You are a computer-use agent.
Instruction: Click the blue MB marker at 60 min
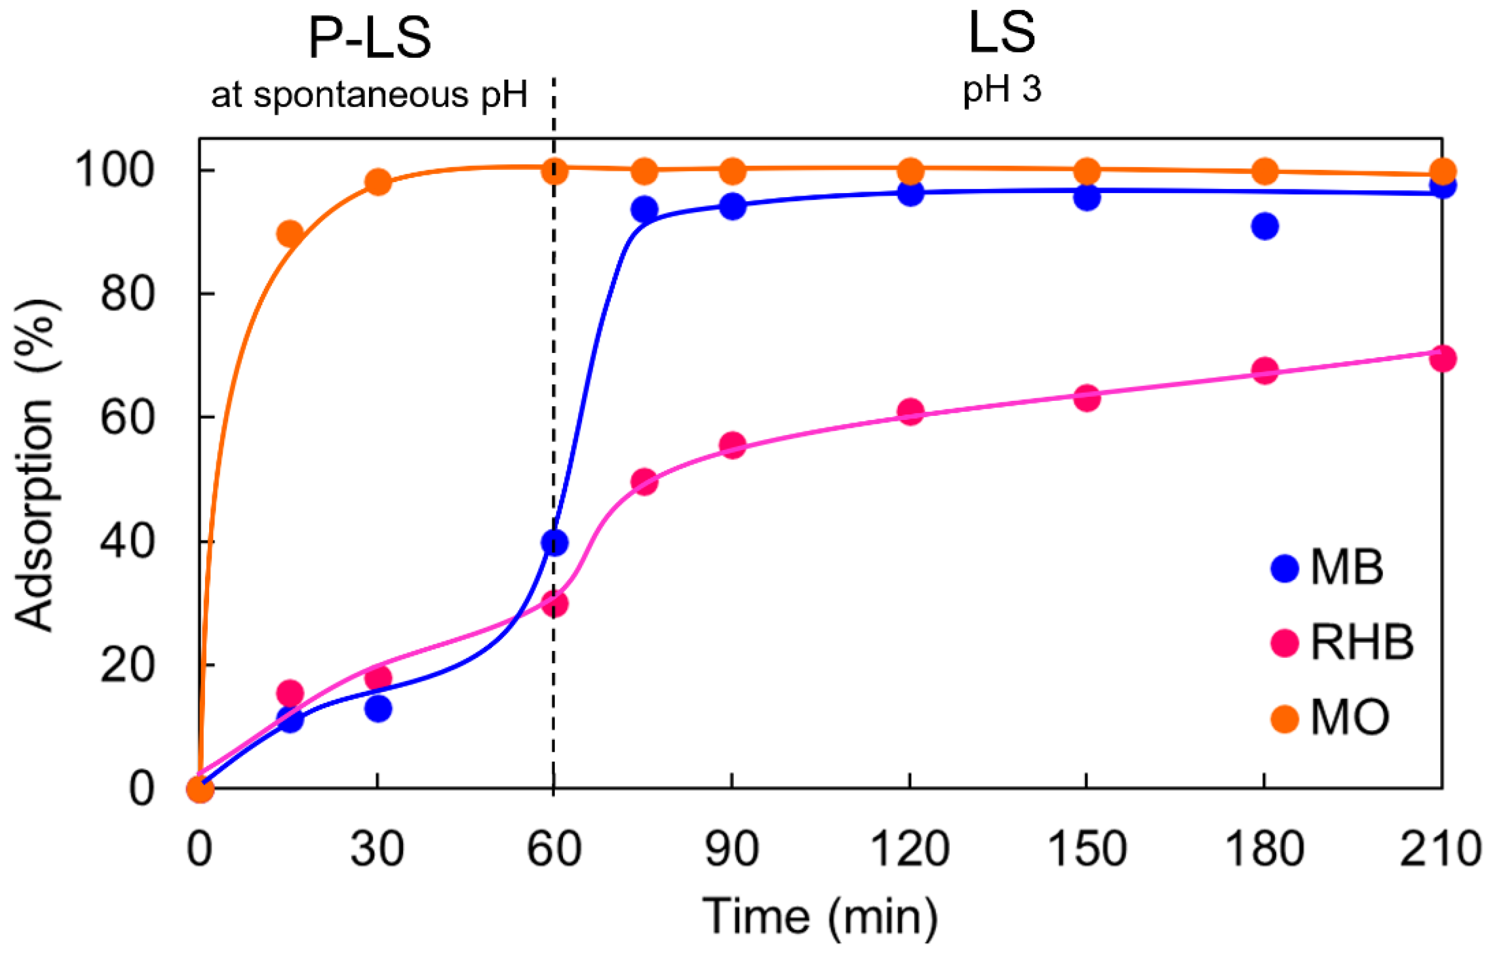point(554,543)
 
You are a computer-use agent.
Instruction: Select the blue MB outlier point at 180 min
point(1265,226)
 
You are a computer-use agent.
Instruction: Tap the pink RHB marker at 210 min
point(1442,358)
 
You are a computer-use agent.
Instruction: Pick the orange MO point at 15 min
point(290,234)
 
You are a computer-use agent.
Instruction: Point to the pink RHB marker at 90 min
point(732,445)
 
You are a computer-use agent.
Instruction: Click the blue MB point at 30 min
point(378,709)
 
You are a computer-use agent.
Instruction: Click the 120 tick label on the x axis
point(909,849)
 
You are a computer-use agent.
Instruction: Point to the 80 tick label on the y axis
point(127,294)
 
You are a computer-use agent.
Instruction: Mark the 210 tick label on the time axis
point(1440,849)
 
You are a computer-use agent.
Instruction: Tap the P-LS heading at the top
point(369,39)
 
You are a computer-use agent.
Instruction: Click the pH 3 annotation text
point(1001,90)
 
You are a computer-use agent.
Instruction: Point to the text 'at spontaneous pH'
point(369,95)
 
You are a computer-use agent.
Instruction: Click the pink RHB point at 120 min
point(910,411)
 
